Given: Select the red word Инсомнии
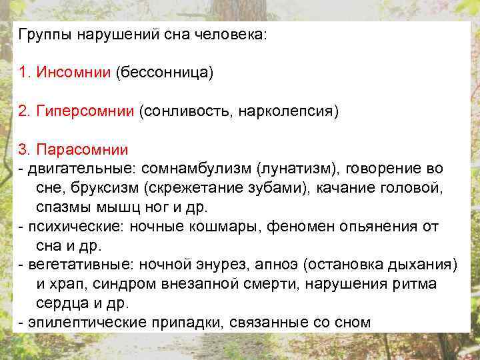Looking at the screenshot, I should coord(74,72).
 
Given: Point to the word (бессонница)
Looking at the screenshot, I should coord(165,72).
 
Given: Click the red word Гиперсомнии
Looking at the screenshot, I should coord(85,110).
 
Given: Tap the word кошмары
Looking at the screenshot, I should coord(225,226).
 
